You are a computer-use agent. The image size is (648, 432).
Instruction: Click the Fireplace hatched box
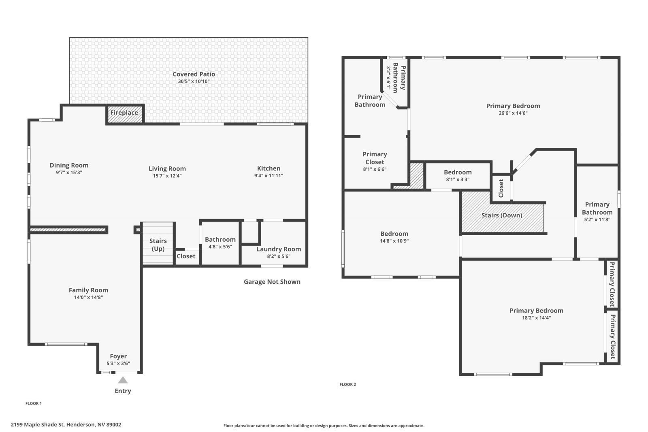tap(125, 114)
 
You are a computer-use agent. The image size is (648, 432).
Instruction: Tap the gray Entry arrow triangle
tap(123, 380)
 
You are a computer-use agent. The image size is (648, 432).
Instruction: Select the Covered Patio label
tap(194, 74)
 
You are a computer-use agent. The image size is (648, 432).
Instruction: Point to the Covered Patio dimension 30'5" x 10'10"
tap(194, 81)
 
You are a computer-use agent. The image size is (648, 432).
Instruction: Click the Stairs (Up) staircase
tap(158, 243)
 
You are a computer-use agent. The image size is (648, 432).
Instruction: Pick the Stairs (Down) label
tap(502, 215)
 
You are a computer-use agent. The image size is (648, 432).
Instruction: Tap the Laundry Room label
tap(279, 249)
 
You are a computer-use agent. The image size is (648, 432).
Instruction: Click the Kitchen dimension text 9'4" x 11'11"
tap(269, 176)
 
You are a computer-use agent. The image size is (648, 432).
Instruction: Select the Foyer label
tap(118, 356)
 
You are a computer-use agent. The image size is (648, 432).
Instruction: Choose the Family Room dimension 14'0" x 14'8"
tap(89, 297)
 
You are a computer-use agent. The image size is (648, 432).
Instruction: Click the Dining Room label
tap(69, 165)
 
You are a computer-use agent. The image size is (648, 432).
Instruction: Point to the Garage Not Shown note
tap(272, 282)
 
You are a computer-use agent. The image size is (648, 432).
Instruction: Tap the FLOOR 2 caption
tap(348, 384)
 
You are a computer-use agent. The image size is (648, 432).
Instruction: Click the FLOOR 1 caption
tap(34, 403)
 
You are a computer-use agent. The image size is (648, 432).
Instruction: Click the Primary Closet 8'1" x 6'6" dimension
tap(375, 169)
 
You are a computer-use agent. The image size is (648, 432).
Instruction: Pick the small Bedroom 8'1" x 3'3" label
tap(458, 172)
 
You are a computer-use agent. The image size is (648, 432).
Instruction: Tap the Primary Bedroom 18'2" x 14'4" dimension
tap(536, 318)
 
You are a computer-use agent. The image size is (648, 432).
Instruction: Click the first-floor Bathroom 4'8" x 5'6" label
tap(220, 239)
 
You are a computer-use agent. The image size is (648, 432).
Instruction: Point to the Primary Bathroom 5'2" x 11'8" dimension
tap(597, 219)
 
